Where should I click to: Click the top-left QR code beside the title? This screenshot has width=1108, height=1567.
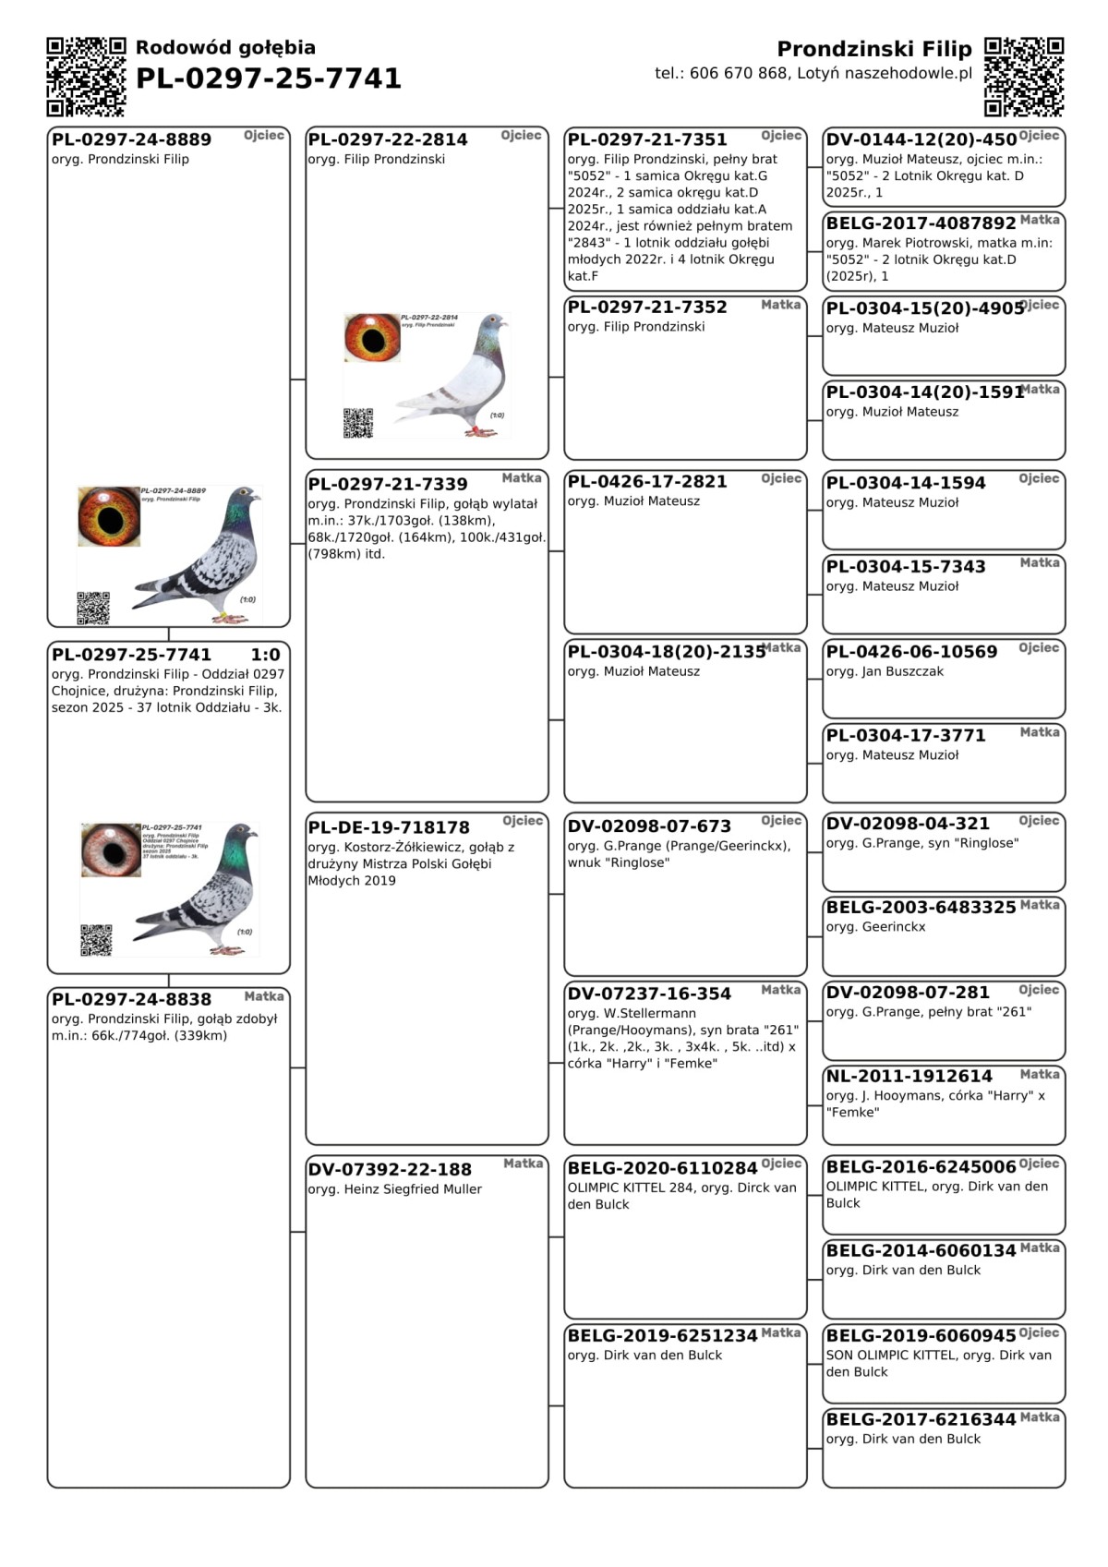pyautogui.click(x=86, y=77)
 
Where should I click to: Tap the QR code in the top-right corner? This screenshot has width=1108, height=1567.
pyautogui.click(x=1024, y=77)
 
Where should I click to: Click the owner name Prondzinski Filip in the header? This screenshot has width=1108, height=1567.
pyautogui.click(x=873, y=49)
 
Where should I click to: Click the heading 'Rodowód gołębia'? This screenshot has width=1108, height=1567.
pyautogui.click(x=225, y=47)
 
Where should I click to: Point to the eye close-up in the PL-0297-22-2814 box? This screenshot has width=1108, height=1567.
pyautogui.click(x=372, y=337)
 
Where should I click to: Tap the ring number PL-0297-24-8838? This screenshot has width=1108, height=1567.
pyautogui.click(x=131, y=999)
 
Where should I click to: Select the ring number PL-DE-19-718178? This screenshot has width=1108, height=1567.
pyautogui.click(x=389, y=827)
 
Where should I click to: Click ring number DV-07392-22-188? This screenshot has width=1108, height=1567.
pyautogui.click(x=390, y=1169)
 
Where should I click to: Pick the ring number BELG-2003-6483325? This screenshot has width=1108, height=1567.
pyautogui.click(x=921, y=907)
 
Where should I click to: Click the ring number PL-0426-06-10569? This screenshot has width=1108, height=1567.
pyautogui.click(x=911, y=651)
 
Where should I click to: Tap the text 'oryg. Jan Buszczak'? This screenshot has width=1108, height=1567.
pyautogui.click(x=885, y=671)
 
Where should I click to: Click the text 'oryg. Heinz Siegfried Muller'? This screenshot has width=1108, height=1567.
pyautogui.click(x=395, y=1189)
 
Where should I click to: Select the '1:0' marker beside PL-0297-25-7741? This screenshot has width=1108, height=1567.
pyautogui.click(x=265, y=655)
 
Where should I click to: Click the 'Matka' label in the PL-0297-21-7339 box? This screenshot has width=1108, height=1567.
pyautogui.click(x=522, y=477)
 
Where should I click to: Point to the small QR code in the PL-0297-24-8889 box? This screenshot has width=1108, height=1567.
pyautogui.click(x=93, y=608)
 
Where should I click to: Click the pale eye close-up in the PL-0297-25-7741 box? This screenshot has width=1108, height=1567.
pyautogui.click(x=111, y=850)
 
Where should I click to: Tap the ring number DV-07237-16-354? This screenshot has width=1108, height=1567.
pyautogui.click(x=649, y=994)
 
